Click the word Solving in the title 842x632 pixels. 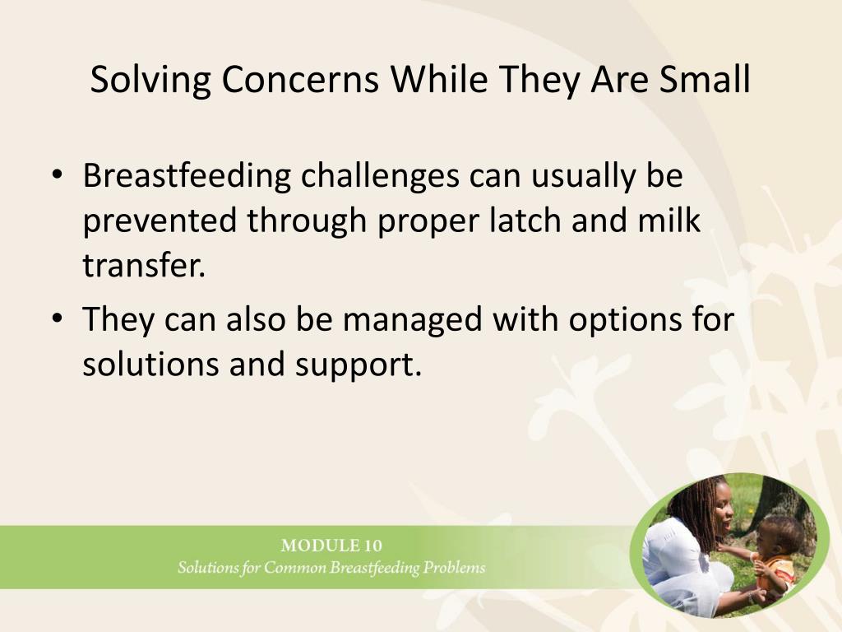(x=150, y=81)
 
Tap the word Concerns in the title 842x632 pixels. (x=300, y=79)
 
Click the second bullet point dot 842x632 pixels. (x=58, y=318)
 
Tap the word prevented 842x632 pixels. (x=160, y=221)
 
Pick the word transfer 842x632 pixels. (x=144, y=265)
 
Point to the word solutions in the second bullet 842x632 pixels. (x=150, y=364)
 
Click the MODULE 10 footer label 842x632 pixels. (x=331, y=546)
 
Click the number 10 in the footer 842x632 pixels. (x=373, y=546)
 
